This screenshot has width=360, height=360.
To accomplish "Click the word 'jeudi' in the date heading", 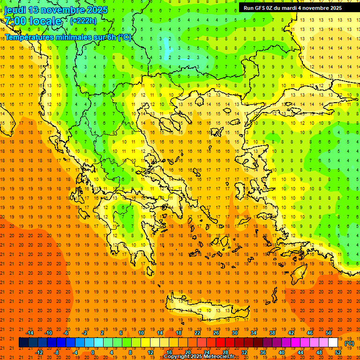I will point(15,10).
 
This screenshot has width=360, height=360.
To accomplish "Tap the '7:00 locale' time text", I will point(33,21).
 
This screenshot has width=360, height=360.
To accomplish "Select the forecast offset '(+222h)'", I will point(83,21).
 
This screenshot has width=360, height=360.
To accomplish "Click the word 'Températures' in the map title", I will point(29,37).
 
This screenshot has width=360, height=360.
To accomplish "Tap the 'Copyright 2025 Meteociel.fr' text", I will point(199,357).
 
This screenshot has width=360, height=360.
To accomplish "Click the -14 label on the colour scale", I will point(30,333).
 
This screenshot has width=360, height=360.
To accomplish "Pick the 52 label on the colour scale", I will point(338,352).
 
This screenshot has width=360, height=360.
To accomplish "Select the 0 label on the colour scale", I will point(93,352).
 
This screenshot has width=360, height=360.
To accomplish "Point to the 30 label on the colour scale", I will point(234,333).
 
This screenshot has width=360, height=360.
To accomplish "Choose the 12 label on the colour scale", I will point(150,352).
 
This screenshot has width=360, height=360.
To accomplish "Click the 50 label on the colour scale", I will point(329,333).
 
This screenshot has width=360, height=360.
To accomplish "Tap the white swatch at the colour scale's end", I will point(333,343).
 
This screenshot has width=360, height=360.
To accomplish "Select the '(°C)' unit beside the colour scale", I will point(349,343).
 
